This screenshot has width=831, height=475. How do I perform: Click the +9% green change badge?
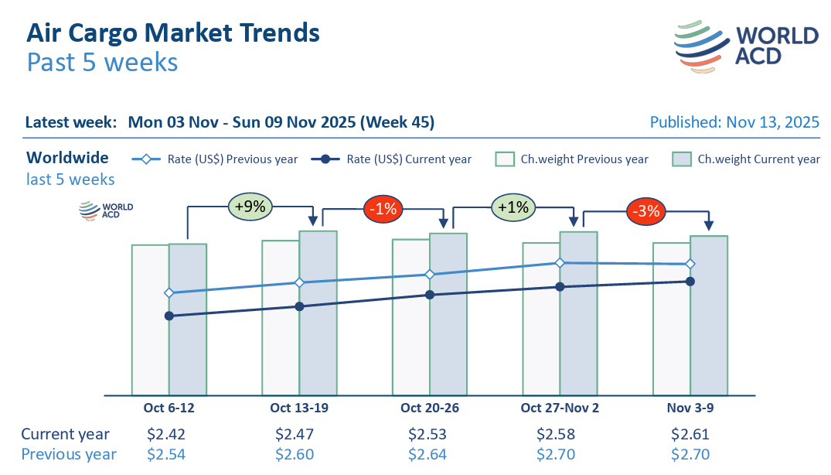tap(250, 207)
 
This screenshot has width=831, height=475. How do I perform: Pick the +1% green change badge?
tap(513, 207)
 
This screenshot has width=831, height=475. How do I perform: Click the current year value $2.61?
tap(690, 434)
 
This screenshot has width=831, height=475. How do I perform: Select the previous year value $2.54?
tap(166, 454)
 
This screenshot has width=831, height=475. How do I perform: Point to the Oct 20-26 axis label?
tap(429, 408)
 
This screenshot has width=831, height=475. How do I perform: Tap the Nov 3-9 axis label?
tap(690, 408)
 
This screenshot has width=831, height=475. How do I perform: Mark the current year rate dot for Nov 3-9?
tap(690, 281)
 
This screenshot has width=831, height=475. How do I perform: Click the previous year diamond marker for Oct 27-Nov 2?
tap(560, 263)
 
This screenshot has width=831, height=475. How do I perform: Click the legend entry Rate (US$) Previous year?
tap(216, 159)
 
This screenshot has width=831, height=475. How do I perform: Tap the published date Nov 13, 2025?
tap(734, 122)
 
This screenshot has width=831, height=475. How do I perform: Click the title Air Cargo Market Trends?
tap(173, 32)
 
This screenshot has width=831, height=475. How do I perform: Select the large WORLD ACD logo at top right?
tap(746, 46)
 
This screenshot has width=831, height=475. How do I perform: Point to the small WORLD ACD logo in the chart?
tap(107, 210)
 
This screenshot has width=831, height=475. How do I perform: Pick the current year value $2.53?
tap(427, 434)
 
